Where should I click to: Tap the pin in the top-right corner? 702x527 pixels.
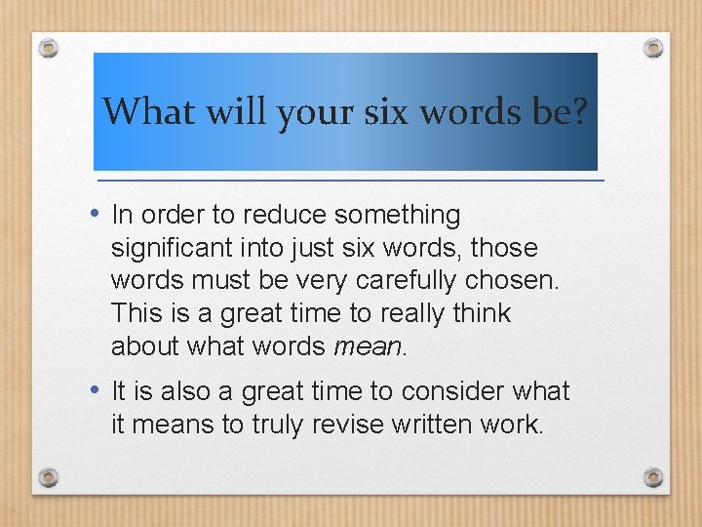pos(653,47)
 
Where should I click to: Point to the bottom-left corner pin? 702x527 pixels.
pos(49,477)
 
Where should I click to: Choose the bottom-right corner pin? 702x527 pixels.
pos(653,477)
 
